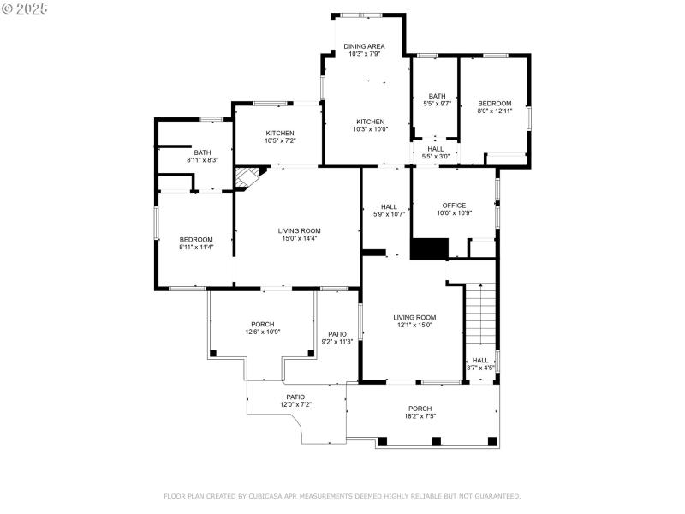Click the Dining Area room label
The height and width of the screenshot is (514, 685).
[365, 46]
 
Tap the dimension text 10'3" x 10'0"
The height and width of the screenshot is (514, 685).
[370, 129]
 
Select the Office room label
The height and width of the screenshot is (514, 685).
[454, 206]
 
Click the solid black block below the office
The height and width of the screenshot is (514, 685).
[429, 248]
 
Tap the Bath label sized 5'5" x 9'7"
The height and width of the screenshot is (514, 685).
[437, 96]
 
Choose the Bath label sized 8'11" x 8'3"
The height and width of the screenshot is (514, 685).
[202, 152]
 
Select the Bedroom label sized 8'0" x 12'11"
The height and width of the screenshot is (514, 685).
[495, 104]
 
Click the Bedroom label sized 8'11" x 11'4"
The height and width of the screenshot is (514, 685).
[196, 239]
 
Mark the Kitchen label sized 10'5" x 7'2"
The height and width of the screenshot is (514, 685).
[280, 133]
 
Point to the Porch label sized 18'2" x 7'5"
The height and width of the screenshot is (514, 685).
[420, 409]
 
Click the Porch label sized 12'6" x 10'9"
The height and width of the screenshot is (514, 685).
[263, 324]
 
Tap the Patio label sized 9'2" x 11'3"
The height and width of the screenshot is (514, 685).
[337, 334]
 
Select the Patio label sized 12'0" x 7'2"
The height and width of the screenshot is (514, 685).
[295, 397]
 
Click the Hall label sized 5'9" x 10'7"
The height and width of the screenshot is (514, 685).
[389, 206]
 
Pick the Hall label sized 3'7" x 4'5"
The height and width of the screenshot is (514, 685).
[480, 361]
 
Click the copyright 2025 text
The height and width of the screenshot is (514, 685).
[26, 8]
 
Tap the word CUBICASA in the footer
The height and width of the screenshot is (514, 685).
[277, 496]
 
